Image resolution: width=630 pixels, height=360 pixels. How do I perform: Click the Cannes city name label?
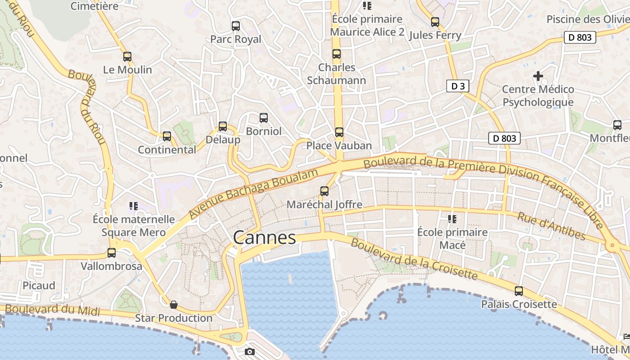(x=265, y=238)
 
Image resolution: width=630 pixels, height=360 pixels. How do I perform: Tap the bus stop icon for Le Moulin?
(x=127, y=57)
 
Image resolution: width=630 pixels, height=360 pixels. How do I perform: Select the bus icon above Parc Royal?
(x=236, y=26)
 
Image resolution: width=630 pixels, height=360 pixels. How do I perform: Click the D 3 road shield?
(x=458, y=86)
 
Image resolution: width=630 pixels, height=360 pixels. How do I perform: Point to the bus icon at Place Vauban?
(x=339, y=132)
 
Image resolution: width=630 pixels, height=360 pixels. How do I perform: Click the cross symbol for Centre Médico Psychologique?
(x=538, y=76)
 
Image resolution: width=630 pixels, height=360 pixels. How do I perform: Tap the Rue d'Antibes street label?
(x=551, y=226)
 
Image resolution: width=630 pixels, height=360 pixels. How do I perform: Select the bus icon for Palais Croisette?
(x=519, y=291)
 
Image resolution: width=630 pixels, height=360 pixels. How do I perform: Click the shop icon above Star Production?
(x=174, y=305)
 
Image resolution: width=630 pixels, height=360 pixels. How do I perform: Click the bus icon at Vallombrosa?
(x=112, y=253)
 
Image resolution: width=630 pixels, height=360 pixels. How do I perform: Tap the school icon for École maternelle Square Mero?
(x=133, y=206)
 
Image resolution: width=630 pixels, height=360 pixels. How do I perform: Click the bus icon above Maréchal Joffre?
(x=324, y=191)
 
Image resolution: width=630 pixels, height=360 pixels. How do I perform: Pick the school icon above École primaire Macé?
(x=452, y=219)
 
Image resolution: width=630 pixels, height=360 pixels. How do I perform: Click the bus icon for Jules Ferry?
(x=435, y=22)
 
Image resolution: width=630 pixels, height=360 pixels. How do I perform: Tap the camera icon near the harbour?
(x=250, y=351)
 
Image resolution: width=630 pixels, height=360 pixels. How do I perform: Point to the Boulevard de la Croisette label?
(x=414, y=259)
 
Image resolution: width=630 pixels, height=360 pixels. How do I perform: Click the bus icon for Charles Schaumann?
(x=337, y=54)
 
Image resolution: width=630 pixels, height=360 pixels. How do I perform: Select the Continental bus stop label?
(x=167, y=150)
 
